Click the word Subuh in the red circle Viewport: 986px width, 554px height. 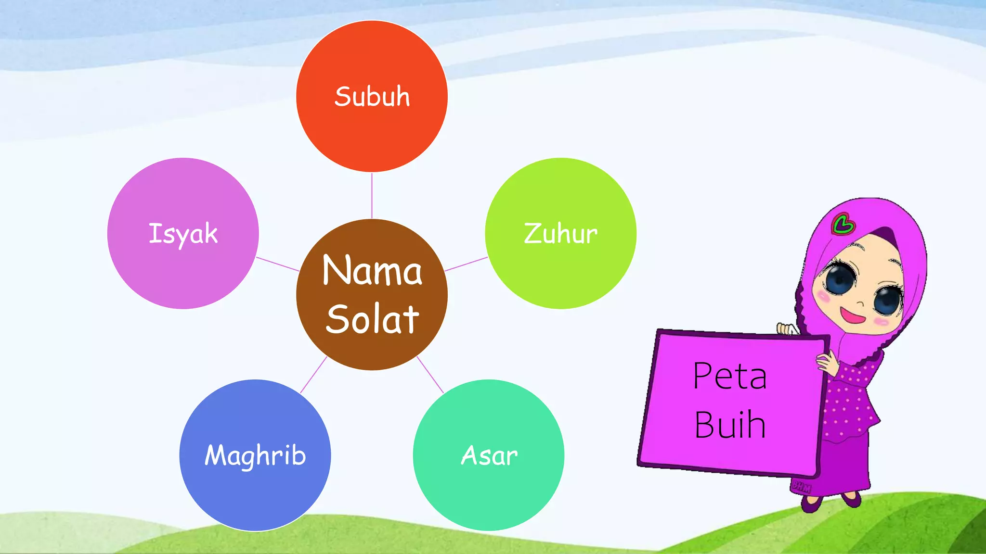372,97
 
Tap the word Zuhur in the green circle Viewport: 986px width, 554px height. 560,234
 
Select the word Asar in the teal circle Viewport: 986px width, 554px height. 489,455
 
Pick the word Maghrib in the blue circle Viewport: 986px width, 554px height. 255,455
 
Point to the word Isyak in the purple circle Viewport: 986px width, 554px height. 183,234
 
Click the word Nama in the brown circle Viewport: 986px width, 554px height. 372,271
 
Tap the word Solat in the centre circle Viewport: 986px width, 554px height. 372,319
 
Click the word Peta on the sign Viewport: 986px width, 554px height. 730,376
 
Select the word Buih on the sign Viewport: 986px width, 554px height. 730,425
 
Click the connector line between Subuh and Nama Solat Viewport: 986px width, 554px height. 372,195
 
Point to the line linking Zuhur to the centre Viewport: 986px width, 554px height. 466,264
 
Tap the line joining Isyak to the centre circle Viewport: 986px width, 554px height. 277,264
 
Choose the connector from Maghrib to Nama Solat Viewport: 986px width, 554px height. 313,375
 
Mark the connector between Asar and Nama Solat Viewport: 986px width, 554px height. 430,375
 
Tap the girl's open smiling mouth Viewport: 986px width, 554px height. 852,315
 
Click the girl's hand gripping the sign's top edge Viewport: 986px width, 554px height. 787,329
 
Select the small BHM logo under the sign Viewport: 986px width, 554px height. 801,486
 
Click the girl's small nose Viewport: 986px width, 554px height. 860,303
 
